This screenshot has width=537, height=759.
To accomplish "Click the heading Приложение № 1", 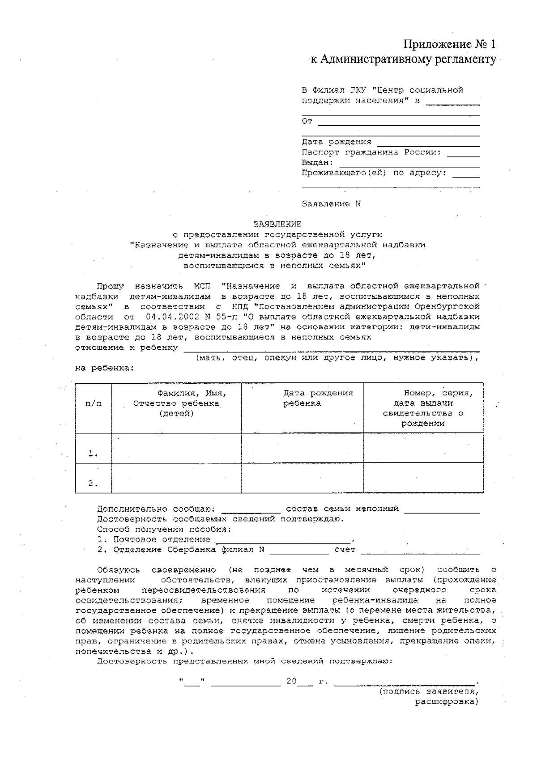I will click(450, 44).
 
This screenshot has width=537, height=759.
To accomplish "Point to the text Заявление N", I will click(331, 204).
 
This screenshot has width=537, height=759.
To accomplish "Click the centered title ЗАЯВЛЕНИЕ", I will click(277, 224).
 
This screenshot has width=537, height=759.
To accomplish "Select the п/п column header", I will click(93, 403).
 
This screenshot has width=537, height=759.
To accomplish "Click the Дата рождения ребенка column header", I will click(318, 398).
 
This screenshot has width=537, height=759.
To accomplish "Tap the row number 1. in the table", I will click(93, 454).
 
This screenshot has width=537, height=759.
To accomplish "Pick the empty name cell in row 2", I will click(176, 478).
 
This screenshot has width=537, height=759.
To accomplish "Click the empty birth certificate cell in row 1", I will click(423, 448).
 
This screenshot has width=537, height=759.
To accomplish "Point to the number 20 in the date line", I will click(291, 682).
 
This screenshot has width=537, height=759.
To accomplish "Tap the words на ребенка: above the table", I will click(104, 369).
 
